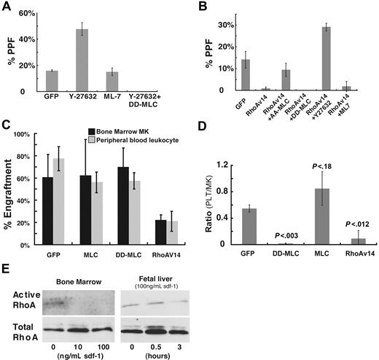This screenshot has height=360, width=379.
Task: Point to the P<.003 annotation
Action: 274,234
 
